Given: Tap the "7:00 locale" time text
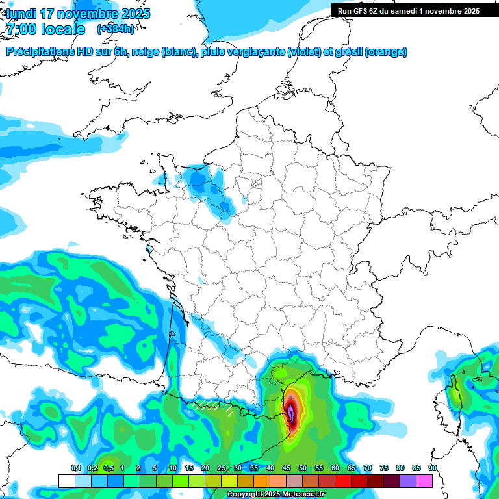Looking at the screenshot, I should pos(45,29).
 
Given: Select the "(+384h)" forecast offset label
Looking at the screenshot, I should pos(116,29).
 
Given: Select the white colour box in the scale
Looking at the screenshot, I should pos(66,481).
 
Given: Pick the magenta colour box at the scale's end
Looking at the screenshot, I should pos(424,481).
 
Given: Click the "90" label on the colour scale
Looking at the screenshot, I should pos(432,468).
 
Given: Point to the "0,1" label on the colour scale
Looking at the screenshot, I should pos(76,468).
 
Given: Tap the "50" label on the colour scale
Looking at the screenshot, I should pos(303,468).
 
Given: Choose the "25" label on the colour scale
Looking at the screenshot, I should pos(221,468).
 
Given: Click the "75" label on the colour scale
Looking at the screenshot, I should pos(383,468).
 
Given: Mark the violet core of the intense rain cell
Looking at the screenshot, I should pos(291,413).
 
